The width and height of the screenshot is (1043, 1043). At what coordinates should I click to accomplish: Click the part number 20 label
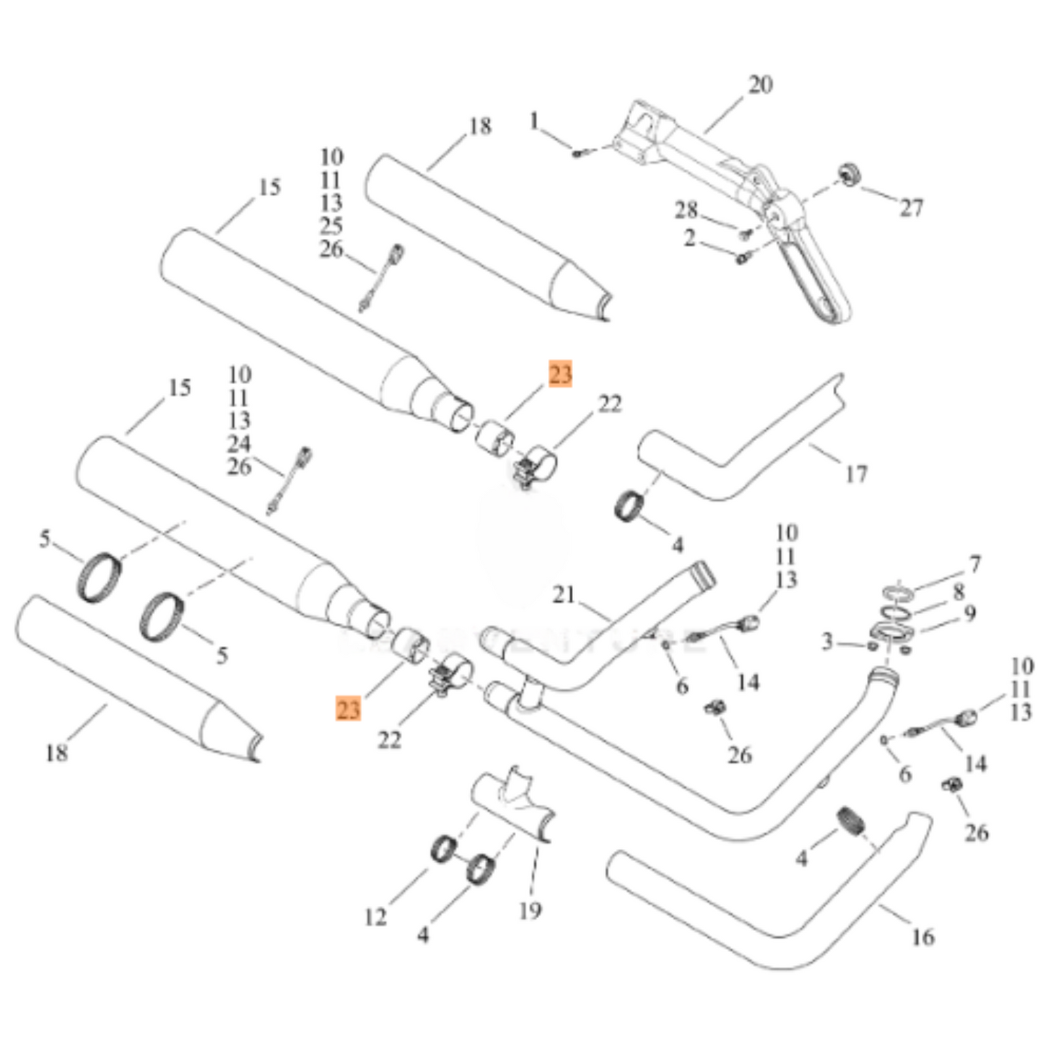(x=759, y=85)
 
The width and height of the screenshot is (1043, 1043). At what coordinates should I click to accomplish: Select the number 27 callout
(x=911, y=208)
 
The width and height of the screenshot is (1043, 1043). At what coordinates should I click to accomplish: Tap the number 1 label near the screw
(x=534, y=121)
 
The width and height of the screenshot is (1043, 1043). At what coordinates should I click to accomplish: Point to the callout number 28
(x=686, y=210)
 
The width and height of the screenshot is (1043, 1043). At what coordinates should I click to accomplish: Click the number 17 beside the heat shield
(x=856, y=474)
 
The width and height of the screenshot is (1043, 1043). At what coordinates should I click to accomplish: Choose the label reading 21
(x=564, y=595)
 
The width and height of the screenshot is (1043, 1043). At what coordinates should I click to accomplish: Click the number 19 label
(x=530, y=911)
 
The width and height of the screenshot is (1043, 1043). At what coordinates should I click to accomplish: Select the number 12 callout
(x=375, y=917)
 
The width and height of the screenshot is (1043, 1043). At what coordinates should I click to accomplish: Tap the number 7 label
(x=974, y=564)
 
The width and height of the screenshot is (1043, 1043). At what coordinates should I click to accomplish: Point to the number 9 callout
(x=970, y=614)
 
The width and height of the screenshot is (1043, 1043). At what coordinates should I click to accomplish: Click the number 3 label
(x=827, y=641)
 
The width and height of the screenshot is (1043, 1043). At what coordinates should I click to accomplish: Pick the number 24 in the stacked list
(x=239, y=443)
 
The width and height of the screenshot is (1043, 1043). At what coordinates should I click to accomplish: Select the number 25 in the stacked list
(x=331, y=226)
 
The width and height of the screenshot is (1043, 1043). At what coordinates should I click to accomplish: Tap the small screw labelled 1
(x=577, y=153)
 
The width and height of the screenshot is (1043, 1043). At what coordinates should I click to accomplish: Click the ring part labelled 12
(x=442, y=847)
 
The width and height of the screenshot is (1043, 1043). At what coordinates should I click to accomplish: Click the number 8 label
(x=959, y=593)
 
